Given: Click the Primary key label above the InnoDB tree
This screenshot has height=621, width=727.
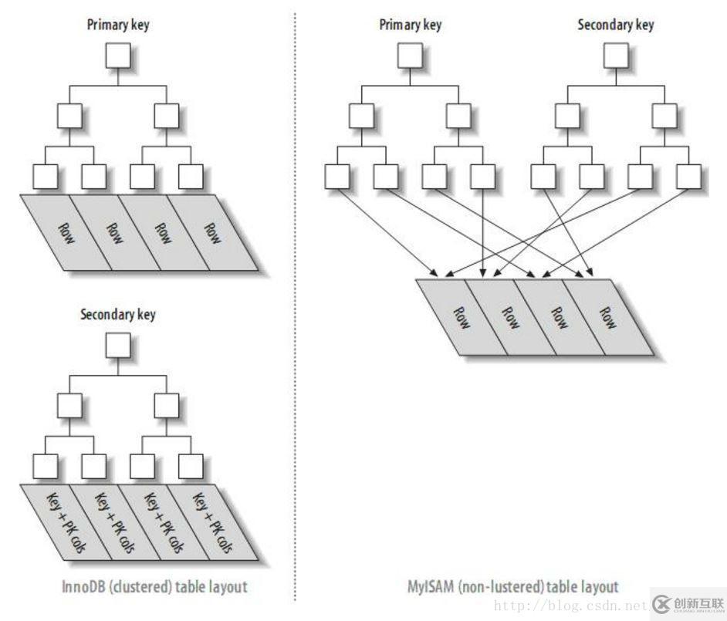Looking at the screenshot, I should (118, 25).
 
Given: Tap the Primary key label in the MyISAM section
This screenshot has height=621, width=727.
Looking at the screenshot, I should (410, 25).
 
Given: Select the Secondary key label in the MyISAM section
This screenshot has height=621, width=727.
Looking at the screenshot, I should (615, 25).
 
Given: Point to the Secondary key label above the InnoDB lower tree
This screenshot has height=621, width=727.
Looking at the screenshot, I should (118, 314).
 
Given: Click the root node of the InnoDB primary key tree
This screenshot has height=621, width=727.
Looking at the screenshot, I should (118, 56).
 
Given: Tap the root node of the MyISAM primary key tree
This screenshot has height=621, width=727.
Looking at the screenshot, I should (410, 56).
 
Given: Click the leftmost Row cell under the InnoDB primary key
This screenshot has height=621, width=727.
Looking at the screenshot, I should (68, 231).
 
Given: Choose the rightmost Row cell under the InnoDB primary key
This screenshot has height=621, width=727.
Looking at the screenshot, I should (211, 231).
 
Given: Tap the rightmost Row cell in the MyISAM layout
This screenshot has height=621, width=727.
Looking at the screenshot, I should (607, 316).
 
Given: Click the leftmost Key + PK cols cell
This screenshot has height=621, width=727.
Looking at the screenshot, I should (68, 523).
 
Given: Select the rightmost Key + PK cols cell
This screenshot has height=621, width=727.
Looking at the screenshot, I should (211, 523).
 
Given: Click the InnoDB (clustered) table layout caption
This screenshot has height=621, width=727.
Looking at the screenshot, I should (154, 587).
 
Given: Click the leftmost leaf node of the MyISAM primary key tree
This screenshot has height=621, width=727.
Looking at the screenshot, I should (336, 177).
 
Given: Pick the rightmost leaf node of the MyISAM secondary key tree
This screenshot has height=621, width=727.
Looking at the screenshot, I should (688, 177).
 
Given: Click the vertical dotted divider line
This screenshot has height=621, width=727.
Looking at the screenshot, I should (294, 309).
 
